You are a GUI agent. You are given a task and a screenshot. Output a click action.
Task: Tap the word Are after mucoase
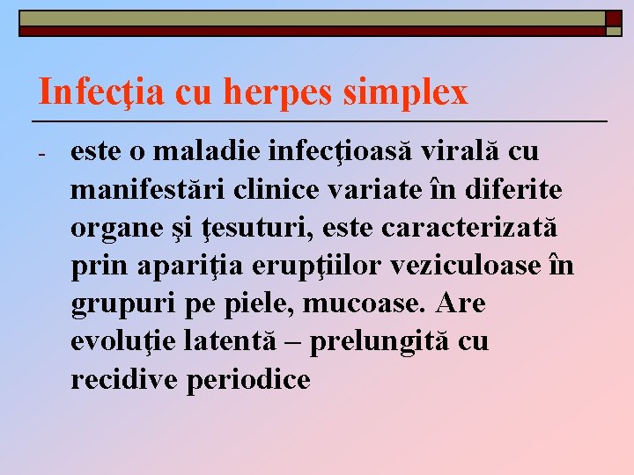pyautogui.click(x=461, y=304)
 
